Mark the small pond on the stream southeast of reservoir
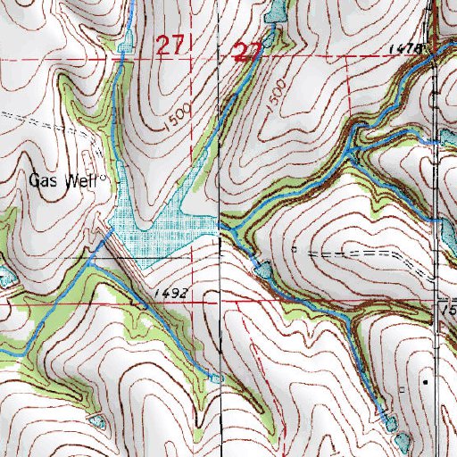coord(262,267)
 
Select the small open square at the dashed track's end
coord(295,250)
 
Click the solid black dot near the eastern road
coord(425,381)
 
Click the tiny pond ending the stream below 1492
coord(214,378)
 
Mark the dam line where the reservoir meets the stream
coord(106,237)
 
